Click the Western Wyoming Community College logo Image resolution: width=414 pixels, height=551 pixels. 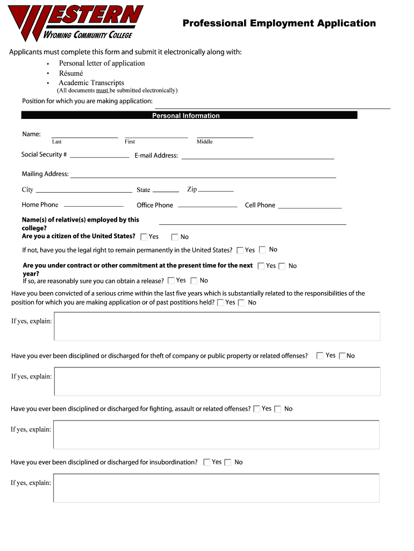pyautogui.click(x=75, y=23)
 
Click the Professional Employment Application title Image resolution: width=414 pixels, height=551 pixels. pyautogui.click(x=279, y=23)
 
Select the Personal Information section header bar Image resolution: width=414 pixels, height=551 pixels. pyautogui.click(x=189, y=115)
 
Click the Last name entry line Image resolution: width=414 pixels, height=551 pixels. pyautogui.click(x=84, y=137)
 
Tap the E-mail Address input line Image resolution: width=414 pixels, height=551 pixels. pyautogui.click(x=258, y=158)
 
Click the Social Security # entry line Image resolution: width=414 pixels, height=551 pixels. pyautogui.click(x=99, y=156)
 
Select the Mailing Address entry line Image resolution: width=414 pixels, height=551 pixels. pyautogui.click(x=203, y=176)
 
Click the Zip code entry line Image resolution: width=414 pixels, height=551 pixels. pyautogui.click(x=216, y=190)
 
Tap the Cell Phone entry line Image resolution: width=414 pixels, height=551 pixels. pyautogui.click(x=310, y=207)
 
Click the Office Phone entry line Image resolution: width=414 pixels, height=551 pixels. pyautogui.click(x=208, y=206)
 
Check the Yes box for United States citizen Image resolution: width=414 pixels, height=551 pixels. pyautogui.click(x=144, y=237)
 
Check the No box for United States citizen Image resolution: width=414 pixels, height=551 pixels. pyautogui.click(x=175, y=237)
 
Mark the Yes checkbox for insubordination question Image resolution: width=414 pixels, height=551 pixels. pyautogui.click(x=207, y=462)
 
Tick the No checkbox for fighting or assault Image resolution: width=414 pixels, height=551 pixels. pyautogui.click(x=277, y=409)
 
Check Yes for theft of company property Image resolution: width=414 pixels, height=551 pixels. pyautogui.click(x=320, y=356)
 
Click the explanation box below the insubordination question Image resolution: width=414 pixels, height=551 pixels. pyautogui.click(x=216, y=488)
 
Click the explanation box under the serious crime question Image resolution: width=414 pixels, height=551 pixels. pyautogui.click(x=217, y=327)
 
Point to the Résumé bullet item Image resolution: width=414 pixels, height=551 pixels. pyautogui.click(x=71, y=73)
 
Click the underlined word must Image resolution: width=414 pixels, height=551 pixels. pyautogui.click(x=102, y=90)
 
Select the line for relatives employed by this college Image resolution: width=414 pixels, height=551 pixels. pyautogui.click(x=253, y=223)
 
